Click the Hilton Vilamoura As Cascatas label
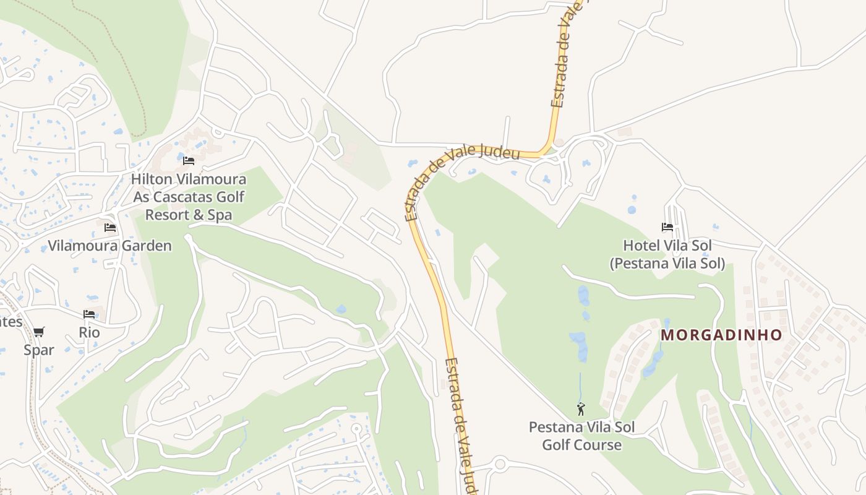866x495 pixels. click(189, 197)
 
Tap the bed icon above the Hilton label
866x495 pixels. click(189, 161)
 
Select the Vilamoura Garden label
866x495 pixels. click(110, 246)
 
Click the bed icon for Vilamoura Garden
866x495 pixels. click(110, 228)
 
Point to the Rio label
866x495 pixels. click(89, 332)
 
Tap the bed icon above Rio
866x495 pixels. click(89, 314)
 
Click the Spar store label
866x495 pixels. click(39, 350)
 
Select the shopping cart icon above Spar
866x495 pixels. click(39, 332)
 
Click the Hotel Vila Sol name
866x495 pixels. click(667, 246)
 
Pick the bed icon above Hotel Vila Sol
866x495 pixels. click(667, 227)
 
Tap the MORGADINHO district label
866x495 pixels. click(721, 335)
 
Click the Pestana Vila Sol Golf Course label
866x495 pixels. click(581, 436)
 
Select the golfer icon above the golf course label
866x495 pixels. click(581, 409)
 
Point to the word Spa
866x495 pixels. click(220, 215)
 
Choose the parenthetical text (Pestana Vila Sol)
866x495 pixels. click(667, 264)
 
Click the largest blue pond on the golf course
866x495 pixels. click(579, 346)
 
